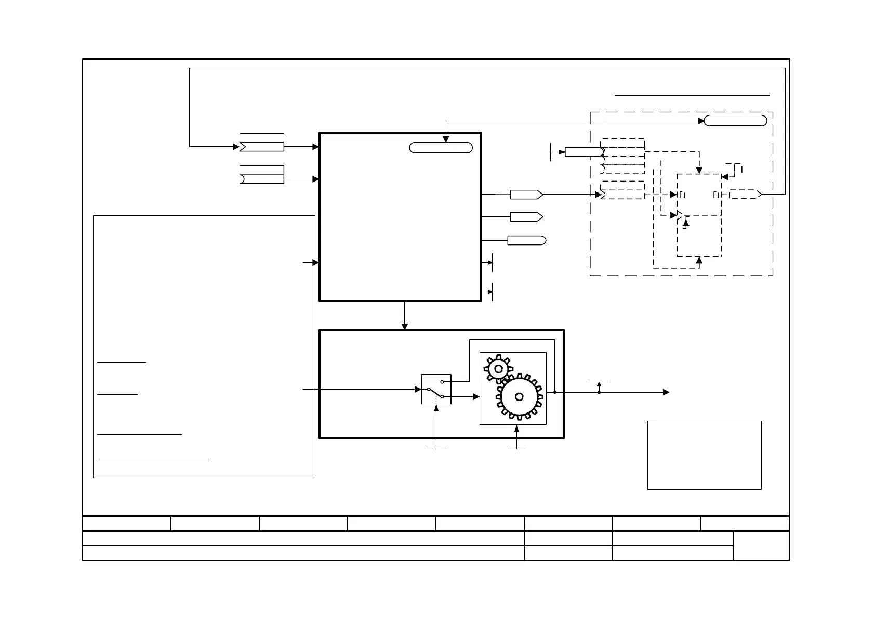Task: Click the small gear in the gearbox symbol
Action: (x=498, y=369)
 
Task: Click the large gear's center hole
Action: (x=519, y=397)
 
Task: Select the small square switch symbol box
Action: (x=436, y=389)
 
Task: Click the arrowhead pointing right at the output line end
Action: (x=667, y=392)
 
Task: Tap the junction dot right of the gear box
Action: (x=555, y=392)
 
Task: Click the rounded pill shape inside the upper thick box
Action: (x=441, y=148)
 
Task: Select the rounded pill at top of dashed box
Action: (x=735, y=121)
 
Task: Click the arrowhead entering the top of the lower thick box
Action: (x=405, y=326)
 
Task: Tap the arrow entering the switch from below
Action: (x=436, y=407)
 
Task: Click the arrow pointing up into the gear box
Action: (x=516, y=429)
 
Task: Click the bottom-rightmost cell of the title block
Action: (x=761, y=545)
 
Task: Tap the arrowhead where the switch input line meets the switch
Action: (x=418, y=389)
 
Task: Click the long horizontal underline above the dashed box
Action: (x=692, y=95)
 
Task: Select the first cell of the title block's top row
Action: (x=127, y=523)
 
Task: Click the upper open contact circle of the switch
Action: (x=442, y=382)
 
